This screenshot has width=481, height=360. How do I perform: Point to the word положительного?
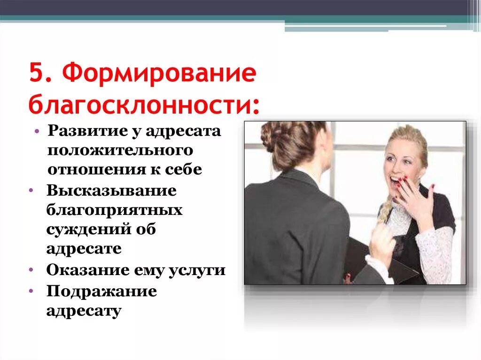tap(120, 150)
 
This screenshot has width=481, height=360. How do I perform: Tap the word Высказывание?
tap(111, 191)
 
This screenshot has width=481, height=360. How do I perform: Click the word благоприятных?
tap(114, 210)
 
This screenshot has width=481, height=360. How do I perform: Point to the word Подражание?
tap(101, 291)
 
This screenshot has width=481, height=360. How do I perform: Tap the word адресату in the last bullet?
tap(84, 311)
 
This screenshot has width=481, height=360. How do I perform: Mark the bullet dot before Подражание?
tap(31, 291)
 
